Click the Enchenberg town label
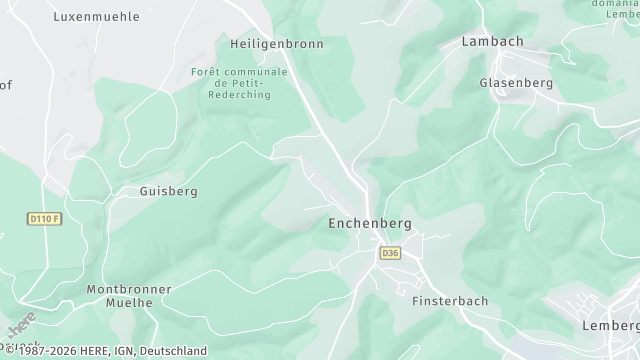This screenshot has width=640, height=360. [369, 224]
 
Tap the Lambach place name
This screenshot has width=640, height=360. [493, 42]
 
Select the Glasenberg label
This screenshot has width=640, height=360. [516, 83]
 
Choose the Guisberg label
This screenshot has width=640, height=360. [168, 191]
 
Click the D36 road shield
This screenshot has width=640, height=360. [390, 254]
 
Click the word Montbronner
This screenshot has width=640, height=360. [124, 289]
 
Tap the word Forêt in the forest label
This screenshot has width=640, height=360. [207, 72]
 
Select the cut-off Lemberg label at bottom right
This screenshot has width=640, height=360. [611, 327]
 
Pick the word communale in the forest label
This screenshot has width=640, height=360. [255, 72]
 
